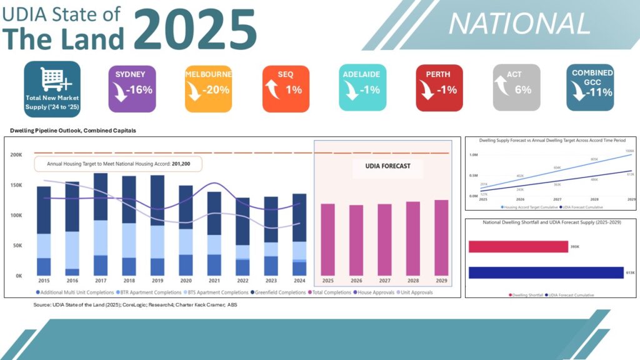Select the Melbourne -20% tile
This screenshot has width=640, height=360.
tap(208, 88)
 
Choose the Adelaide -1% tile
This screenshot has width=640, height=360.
tap(362, 88)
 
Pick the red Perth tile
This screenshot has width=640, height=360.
tap(439, 88)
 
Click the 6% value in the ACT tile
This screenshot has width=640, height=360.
tap(522, 90)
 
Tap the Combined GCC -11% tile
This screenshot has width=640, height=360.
tap(592, 88)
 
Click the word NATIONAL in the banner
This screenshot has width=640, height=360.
tap(519, 24)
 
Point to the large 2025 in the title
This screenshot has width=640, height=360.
tap(195, 29)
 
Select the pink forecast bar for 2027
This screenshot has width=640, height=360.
tap(385, 239)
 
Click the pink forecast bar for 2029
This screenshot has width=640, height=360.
tap(441, 237)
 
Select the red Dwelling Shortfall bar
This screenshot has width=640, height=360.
tap(518, 247)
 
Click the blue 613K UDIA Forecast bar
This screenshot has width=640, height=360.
tap(546, 272)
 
